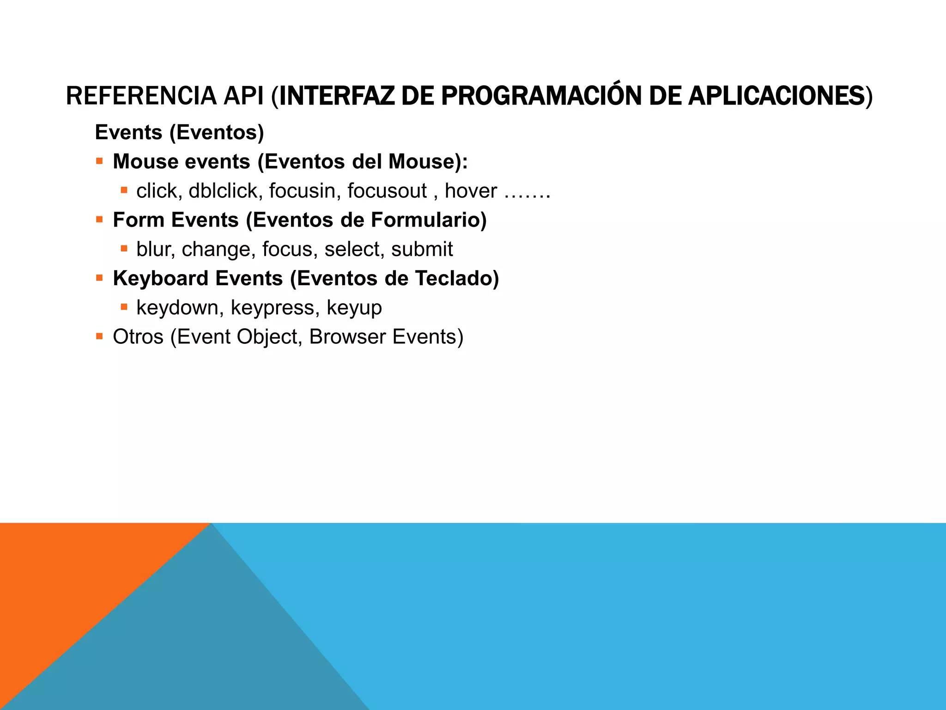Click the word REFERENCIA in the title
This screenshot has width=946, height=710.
pos(141,96)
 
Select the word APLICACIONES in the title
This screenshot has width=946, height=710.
pos(776,96)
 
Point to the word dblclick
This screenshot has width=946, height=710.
pos(223,190)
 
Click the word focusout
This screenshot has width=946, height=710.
pos(387,190)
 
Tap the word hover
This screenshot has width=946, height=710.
pos(471,190)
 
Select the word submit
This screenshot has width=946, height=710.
pos(422,249)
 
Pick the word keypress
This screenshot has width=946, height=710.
pos(273,307)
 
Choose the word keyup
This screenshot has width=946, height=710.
pos(354,307)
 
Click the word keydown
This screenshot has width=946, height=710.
pos(177,307)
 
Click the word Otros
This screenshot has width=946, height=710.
pos(138,337)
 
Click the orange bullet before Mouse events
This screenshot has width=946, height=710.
pos(99,161)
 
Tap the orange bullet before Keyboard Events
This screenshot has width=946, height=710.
pos(99,278)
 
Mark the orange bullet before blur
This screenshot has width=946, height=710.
pos(124,249)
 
